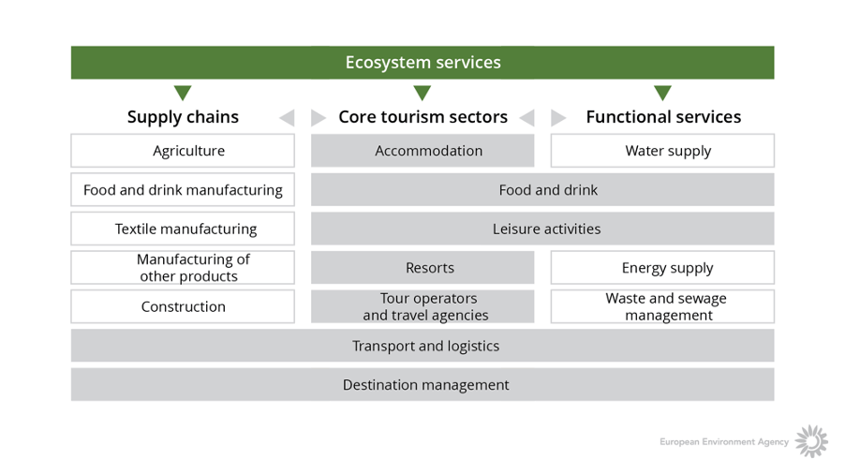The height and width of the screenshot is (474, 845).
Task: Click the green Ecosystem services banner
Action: (422, 63)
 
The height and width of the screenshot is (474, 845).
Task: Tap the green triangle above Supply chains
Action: (183, 92)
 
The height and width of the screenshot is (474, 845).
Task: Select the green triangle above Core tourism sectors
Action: (422, 92)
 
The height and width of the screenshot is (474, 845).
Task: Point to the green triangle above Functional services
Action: (662, 92)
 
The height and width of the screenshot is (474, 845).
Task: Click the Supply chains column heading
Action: (183, 117)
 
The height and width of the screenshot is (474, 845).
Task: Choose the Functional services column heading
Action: (663, 117)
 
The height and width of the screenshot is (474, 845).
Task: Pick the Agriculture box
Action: (183, 150)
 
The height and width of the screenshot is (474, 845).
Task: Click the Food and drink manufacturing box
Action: (183, 189)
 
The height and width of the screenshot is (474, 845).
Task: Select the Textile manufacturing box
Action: (183, 229)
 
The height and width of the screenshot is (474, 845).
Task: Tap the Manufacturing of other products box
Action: (183, 267)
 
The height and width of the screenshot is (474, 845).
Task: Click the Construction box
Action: (183, 306)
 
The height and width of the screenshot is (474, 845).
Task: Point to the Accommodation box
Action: (422, 150)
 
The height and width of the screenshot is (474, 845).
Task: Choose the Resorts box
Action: (422, 267)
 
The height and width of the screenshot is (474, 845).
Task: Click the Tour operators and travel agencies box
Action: (422, 306)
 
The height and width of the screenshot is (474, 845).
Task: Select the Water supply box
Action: (662, 150)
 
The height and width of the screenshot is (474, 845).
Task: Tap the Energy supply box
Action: (662, 267)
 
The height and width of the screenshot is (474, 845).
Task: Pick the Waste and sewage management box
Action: (662, 306)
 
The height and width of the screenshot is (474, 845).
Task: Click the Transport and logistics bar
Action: (422, 346)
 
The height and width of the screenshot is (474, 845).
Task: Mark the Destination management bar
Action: (422, 385)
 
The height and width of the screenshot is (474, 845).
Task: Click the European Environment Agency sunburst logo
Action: (811, 441)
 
